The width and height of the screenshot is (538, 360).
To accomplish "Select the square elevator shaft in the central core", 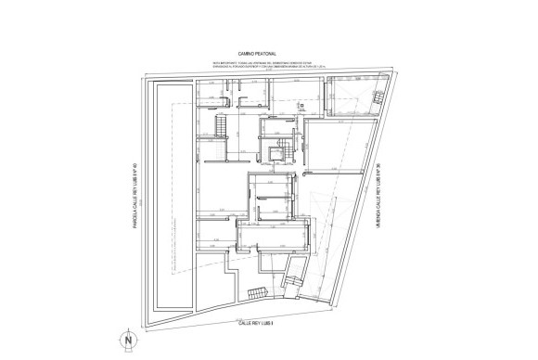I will tap(274, 154).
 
